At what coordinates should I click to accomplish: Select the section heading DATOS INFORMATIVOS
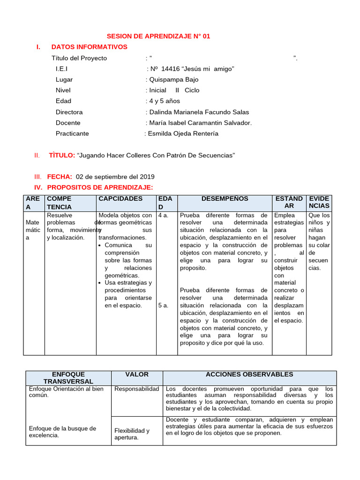(x=89, y=47)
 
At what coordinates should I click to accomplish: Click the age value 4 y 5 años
(x=164, y=101)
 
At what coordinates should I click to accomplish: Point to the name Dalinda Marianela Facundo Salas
(x=199, y=112)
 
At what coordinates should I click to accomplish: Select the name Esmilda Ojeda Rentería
(x=183, y=134)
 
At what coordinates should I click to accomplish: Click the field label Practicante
(x=72, y=134)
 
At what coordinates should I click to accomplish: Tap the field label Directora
(x=69, y=112)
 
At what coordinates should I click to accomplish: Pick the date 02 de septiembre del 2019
(x=115, y=177)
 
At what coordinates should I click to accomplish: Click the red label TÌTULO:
(x=62, y=155)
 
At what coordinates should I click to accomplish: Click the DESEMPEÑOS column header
(x=225, y=199)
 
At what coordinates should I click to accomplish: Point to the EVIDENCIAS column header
(x=319, y=202)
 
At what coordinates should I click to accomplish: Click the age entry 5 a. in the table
(x=163, y=306)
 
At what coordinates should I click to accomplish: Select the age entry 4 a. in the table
(x=163, y=215)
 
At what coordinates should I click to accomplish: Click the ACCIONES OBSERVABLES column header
(x=249, y=374)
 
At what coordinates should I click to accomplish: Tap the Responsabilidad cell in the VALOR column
(x=136, y=389)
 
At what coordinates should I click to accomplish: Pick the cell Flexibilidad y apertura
(x=132, y=434)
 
